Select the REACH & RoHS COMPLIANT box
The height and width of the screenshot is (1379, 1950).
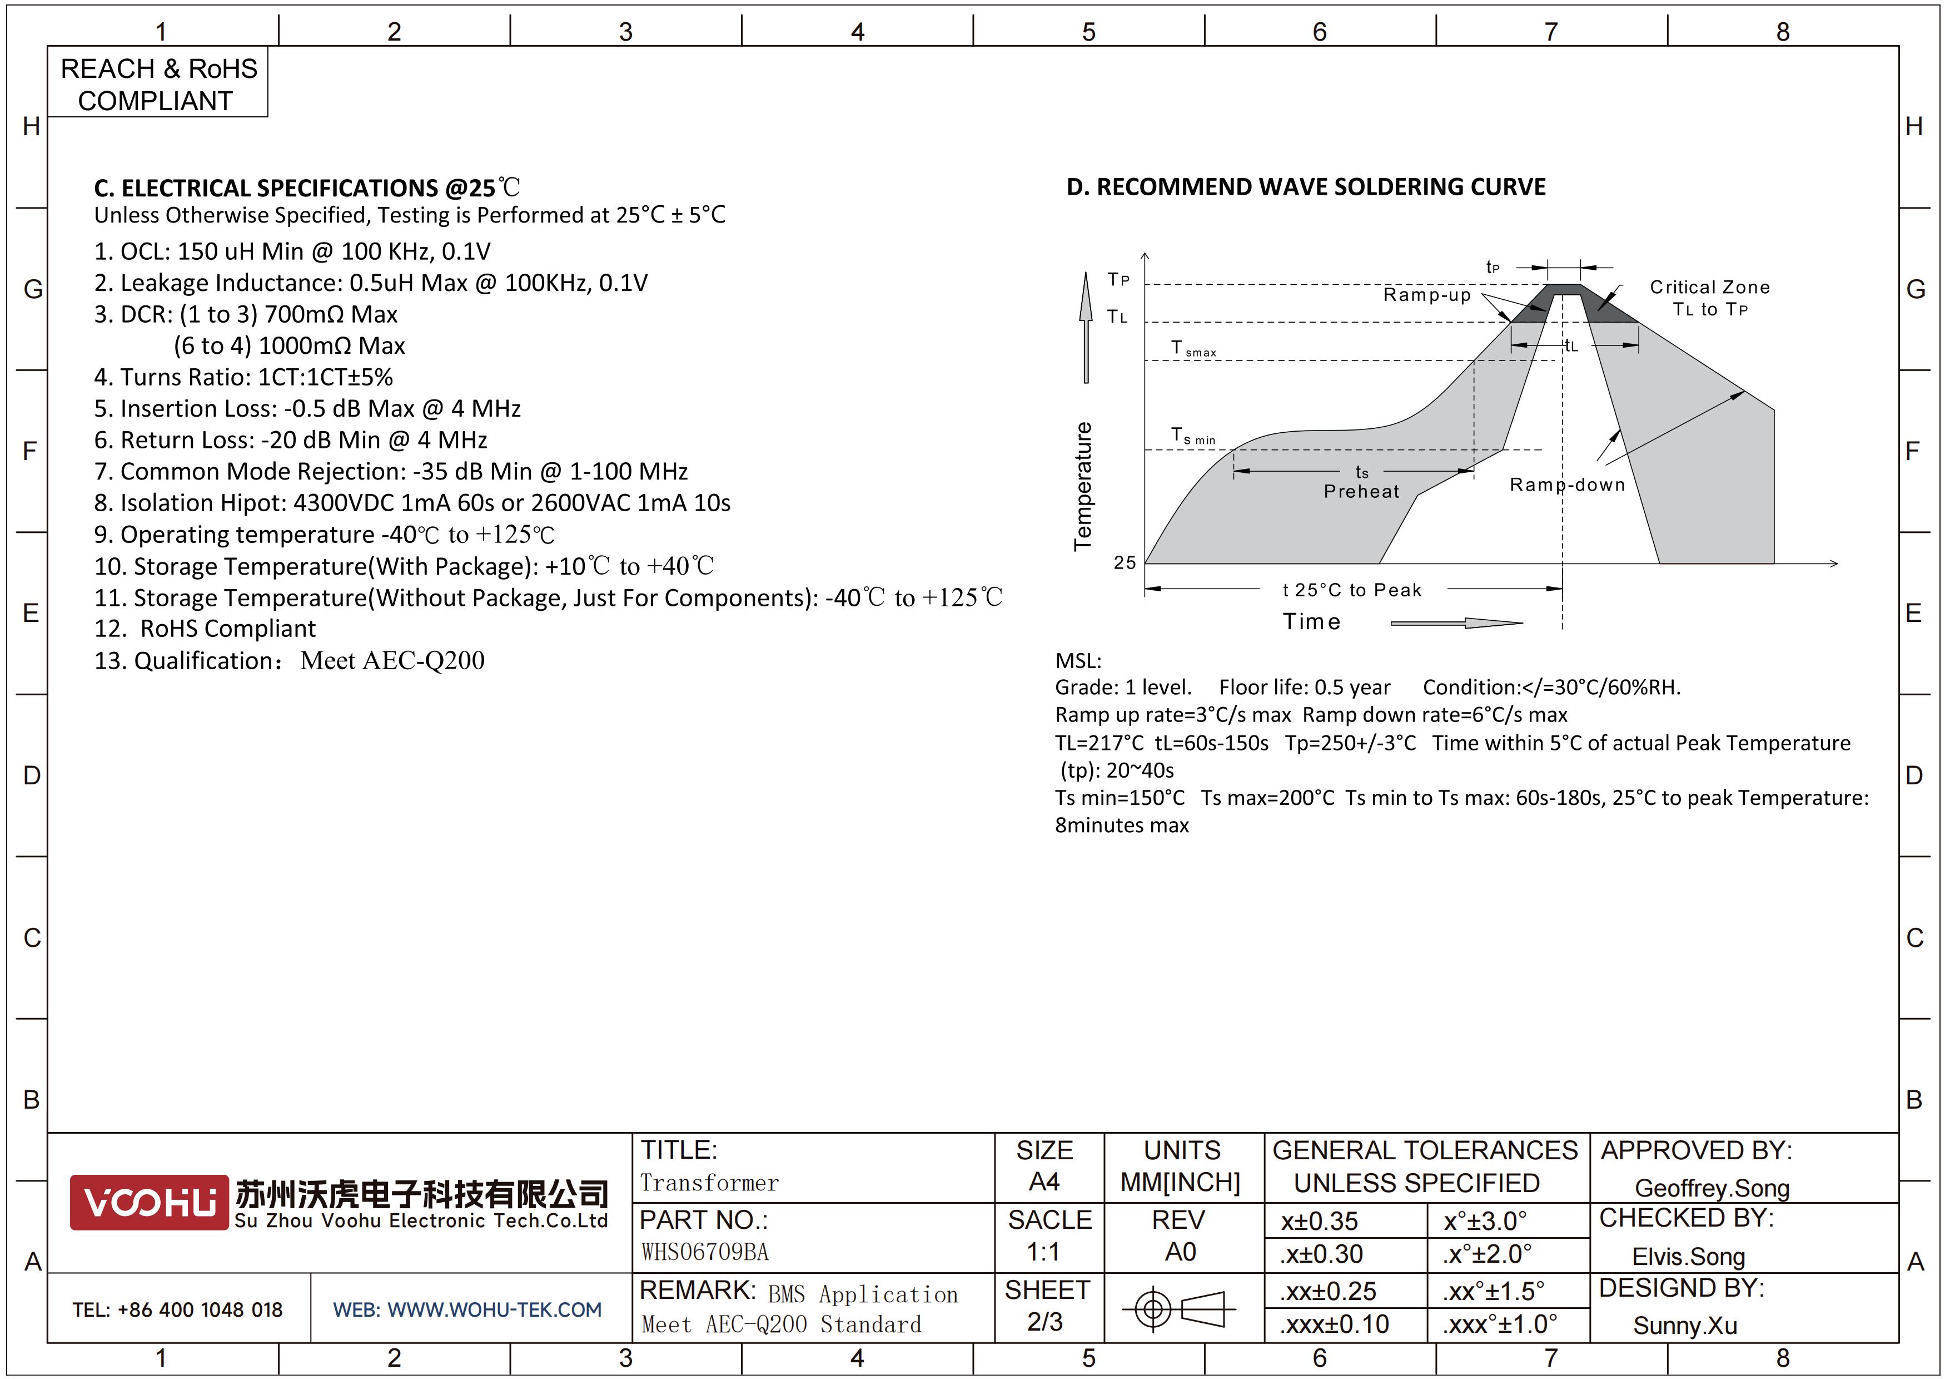[x=158, y=83]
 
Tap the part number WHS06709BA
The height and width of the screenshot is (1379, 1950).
[x=704, y=1252]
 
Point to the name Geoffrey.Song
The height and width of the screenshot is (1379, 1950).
[x=1712, y=1188]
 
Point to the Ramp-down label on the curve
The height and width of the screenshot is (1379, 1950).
[x=1567, y=485]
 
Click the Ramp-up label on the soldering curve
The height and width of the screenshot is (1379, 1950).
[x=1427, y=295]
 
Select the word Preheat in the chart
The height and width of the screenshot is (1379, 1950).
[x=1361, y=491]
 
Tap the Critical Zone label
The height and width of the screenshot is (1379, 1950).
[x=1710, y=287]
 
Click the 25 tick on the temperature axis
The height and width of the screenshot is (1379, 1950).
[x=1125, y=562]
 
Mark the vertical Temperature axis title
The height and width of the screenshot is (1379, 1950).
[x=1083, y=486]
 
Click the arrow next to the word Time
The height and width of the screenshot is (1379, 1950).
[x=1456, y=623]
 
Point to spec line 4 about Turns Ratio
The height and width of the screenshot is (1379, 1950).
[x=243, y=377]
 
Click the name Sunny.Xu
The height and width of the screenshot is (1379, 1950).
[x=1684, y=1326]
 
